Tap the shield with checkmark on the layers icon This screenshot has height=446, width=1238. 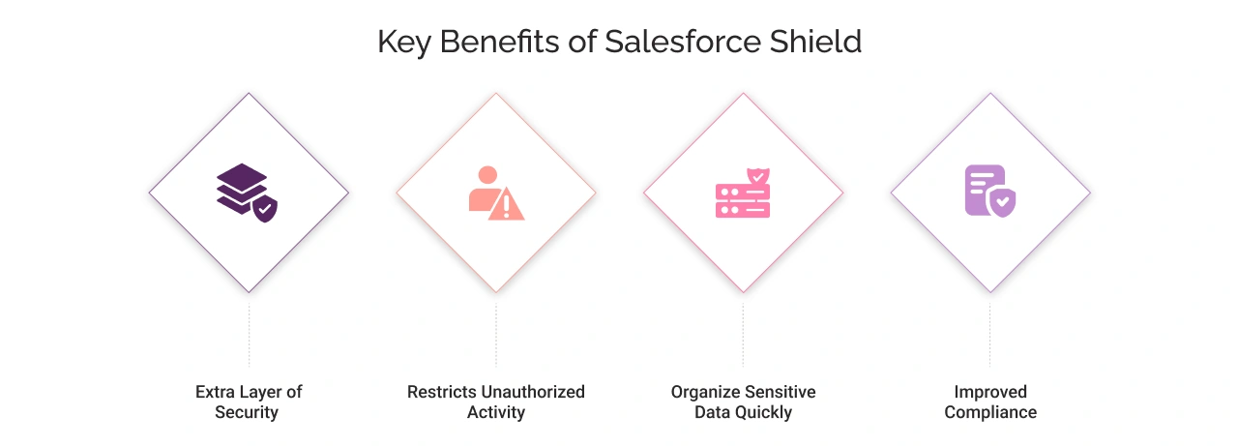coord(263,208)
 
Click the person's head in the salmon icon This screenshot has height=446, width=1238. coord(487,175)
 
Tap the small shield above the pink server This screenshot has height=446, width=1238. coord(759,177)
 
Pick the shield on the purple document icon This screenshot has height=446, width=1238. coord(1003,202)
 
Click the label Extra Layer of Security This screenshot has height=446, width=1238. coord(249,402)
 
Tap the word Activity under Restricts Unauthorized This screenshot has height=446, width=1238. coord(496,413)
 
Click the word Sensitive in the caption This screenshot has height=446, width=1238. coord(780,392)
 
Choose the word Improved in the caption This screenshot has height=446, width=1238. coord(990,392)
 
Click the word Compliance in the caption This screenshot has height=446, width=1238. coord(990,413)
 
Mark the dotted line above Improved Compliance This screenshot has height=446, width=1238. coord(989,334)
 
